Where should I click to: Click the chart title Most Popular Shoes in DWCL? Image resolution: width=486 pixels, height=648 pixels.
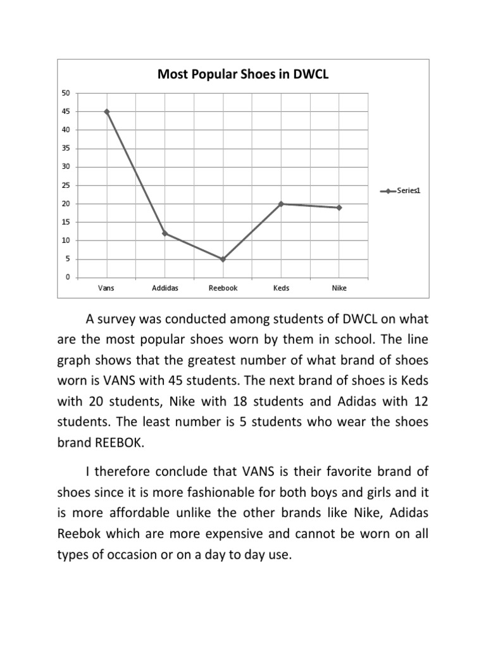[243, 75]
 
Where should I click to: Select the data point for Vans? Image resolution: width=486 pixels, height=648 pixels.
[107, 111]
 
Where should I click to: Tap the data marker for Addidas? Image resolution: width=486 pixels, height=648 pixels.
[165, 234]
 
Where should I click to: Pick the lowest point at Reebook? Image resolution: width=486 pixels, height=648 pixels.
[223, 259]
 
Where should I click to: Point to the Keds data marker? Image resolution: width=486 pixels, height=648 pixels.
[281, 204]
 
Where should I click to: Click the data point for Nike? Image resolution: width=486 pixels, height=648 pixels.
[339, 208]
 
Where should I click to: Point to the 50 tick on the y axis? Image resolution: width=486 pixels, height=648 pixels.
[66, 93]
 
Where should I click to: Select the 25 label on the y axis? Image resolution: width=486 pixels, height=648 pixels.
[66, 185]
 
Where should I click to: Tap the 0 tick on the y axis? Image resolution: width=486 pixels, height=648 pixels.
[68, 277]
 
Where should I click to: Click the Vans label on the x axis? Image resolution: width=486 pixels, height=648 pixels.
[107, 288]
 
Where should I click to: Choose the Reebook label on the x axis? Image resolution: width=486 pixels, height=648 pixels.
[223, 288]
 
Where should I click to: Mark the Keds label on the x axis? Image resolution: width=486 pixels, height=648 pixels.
[281, 288]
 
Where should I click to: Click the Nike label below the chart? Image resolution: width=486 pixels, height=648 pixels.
[339, 288]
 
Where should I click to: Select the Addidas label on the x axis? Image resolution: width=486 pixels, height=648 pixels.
[165, 288]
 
